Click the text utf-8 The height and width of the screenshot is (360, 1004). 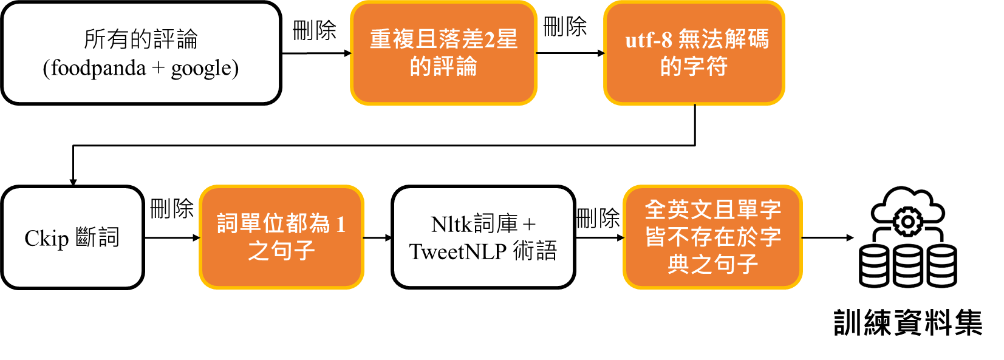pyautogui.click(x=649, y=40)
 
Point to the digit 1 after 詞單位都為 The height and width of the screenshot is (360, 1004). pyautogui.click(x=340, y=224)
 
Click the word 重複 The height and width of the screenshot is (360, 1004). pyautogui.click(x=393, y=39)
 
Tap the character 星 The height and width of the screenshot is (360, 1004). pyautogui.click(x=507, y=39)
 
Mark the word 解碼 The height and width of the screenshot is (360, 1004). pyautogui.click(x=746, y=39)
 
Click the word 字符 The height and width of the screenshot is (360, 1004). pyautogui.click(x=705, y=66)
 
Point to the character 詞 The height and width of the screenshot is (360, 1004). pyautogui.click(x=228, y=223)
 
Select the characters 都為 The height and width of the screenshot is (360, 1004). pyautogui.click(x=308, y=223)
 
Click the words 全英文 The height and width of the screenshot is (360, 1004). pyautogui.click(x=678, y=210)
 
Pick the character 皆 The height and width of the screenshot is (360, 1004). pyautogui.click(x=656, y=237)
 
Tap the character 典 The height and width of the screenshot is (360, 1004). pyautogui.click(x=678, y=264)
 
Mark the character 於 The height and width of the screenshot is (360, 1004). pyautogui.click(x=746, y=237)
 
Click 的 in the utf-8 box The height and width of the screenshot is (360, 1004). pyautogui.click(x=671, y=66)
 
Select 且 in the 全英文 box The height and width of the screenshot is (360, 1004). pyautogui.click(x=724, y=210)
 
